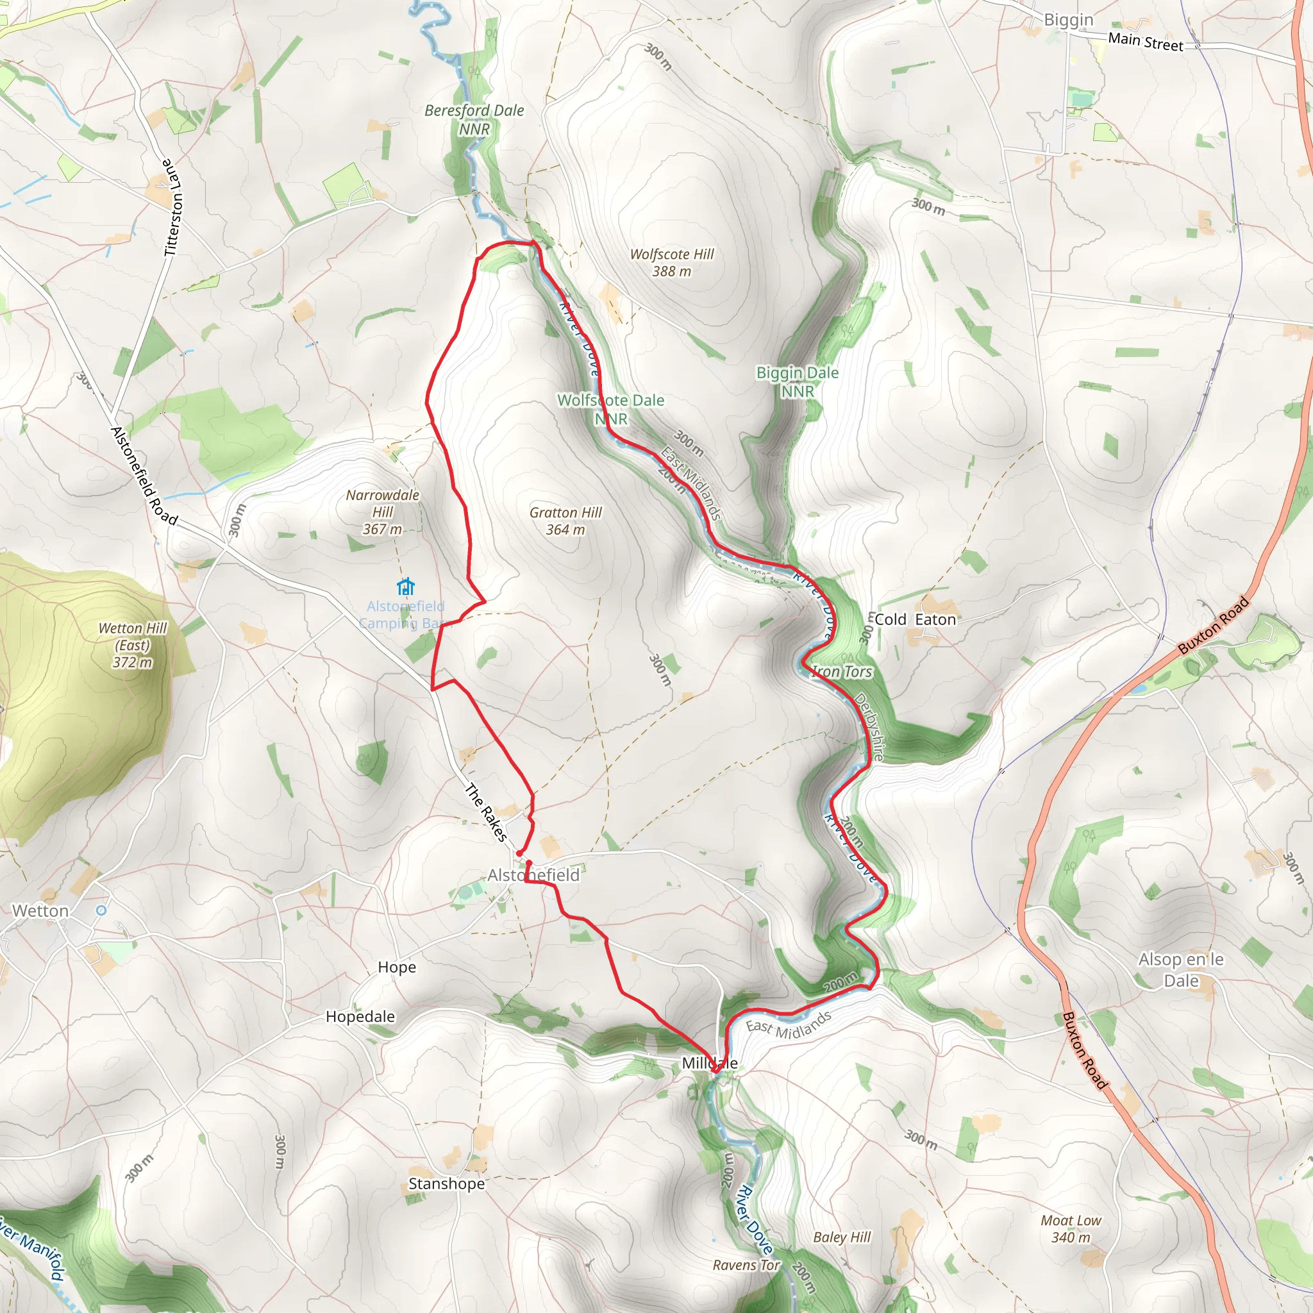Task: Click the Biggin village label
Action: pos(1068,20)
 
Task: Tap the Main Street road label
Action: pos(1145,42)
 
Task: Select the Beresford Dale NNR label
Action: pos(474,119)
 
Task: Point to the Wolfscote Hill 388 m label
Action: pos(671,262)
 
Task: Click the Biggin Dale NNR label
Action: pos(797,381)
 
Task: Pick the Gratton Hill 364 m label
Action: pos(565,521)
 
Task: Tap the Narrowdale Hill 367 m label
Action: pos(383,512)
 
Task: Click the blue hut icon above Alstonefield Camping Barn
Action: pos(406,586)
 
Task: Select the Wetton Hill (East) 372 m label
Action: pos(133,645)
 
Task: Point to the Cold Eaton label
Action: pos(915,619)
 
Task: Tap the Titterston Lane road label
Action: pos(173,207)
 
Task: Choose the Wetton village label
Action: pos(40,910)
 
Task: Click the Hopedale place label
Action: pos(360,1016)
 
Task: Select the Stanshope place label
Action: pos(446,1183)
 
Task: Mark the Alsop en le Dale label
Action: pos(1181,970)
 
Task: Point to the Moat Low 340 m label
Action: pos(1071,1229)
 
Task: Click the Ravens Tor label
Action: pos(746,1265)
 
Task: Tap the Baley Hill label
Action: pos(841,1237)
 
